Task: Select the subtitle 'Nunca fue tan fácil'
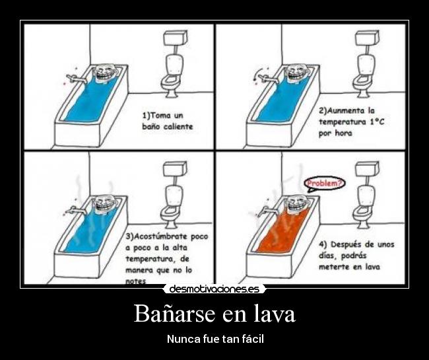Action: click(214, 339)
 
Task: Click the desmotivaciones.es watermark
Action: click(214, 289)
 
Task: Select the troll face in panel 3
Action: click(103, 204)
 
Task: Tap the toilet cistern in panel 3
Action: click(174, 169)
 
